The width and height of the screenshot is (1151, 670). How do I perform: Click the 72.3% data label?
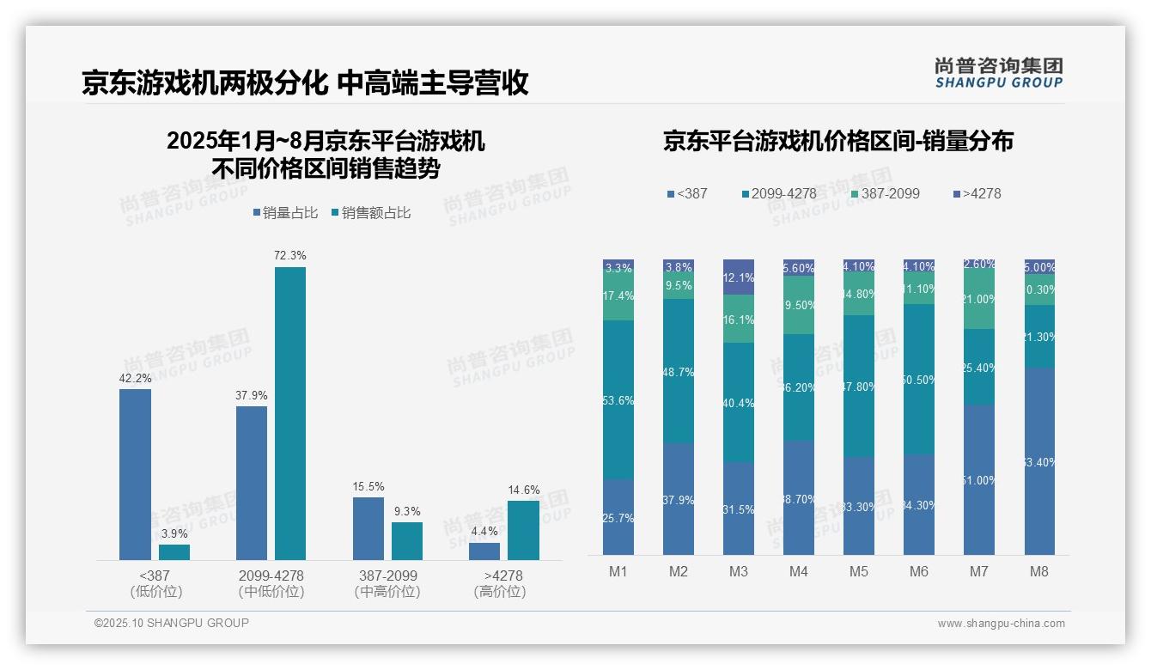289,256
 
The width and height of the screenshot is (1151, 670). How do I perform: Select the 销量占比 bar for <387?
135,474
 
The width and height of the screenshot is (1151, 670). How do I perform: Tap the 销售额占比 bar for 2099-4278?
289,413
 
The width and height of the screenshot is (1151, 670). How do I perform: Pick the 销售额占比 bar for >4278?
523,530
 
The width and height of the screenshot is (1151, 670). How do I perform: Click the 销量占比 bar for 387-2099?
368,528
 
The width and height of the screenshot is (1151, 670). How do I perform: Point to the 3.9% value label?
174,533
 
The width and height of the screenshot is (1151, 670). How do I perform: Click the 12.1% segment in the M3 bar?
739,277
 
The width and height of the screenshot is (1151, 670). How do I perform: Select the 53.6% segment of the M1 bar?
618,399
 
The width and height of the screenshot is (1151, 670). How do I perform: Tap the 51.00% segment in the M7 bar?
979,479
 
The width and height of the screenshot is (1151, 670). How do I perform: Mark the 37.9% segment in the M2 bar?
679,499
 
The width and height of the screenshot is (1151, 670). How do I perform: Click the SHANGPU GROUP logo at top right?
998,73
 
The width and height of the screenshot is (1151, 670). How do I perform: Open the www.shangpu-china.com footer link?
1001,624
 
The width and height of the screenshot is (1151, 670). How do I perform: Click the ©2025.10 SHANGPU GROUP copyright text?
172,623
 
